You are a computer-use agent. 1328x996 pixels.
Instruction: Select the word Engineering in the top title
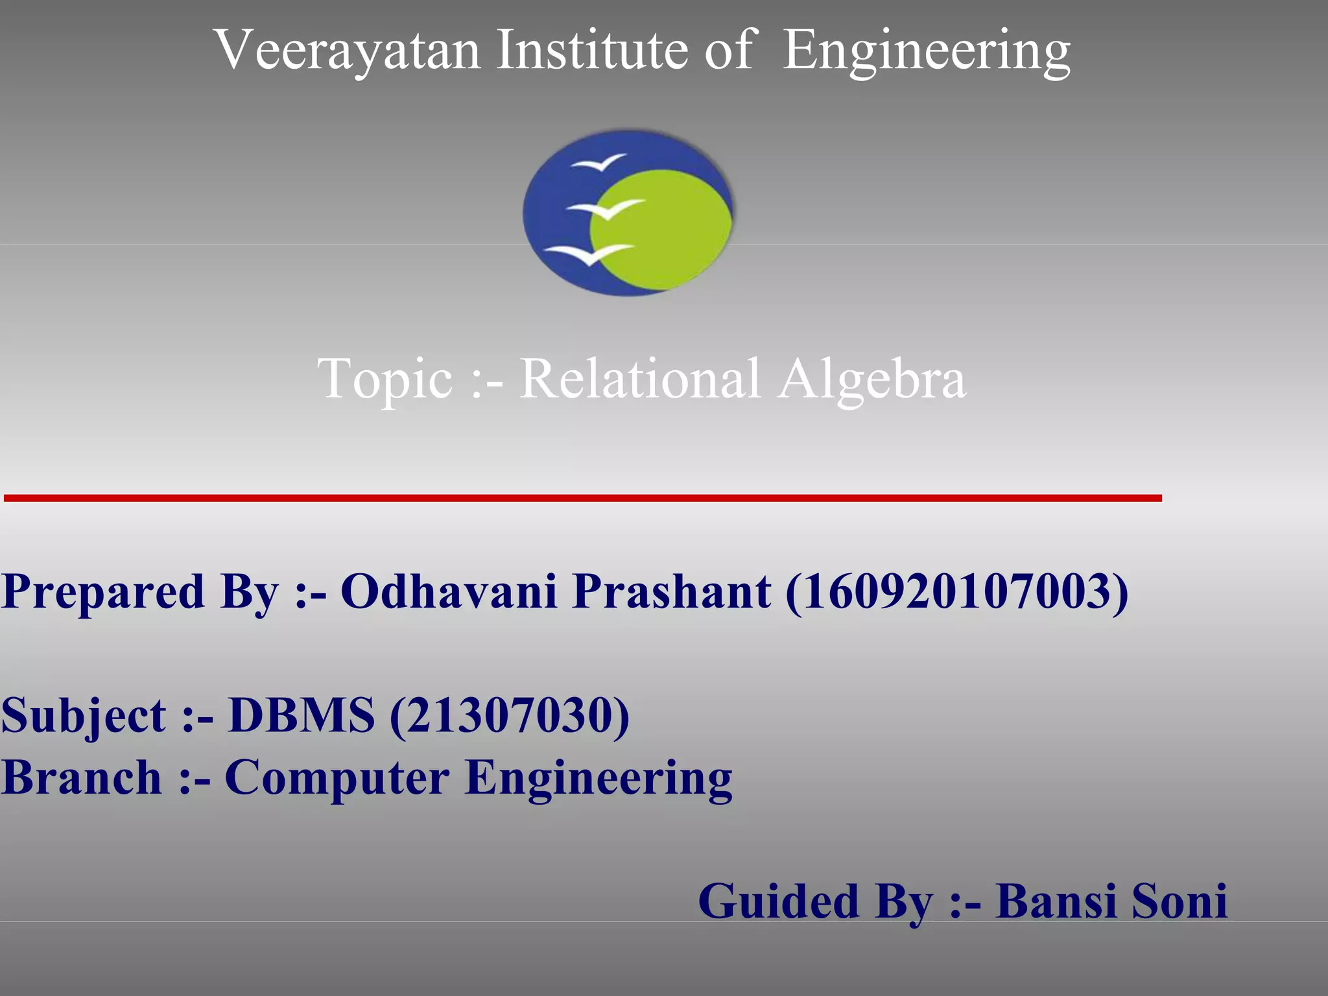click(927, 52)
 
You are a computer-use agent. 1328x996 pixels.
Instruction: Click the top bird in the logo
click(599, 162)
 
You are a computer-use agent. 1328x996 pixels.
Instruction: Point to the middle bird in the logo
click(605, 209)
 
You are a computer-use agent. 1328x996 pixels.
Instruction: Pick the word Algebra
click(872, 379)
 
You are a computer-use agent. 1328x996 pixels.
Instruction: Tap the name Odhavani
click(449, 592)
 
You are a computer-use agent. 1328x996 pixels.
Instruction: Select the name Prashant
click(672, 592)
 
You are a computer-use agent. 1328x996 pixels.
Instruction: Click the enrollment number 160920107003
click(956, 592)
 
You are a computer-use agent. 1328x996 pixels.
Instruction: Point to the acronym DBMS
click(302, 715)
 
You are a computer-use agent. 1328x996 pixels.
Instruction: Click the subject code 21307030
click(509, 715)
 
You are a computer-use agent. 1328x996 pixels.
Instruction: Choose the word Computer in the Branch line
click(337, 778)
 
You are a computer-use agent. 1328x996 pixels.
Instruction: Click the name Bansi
click(1056, 901)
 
